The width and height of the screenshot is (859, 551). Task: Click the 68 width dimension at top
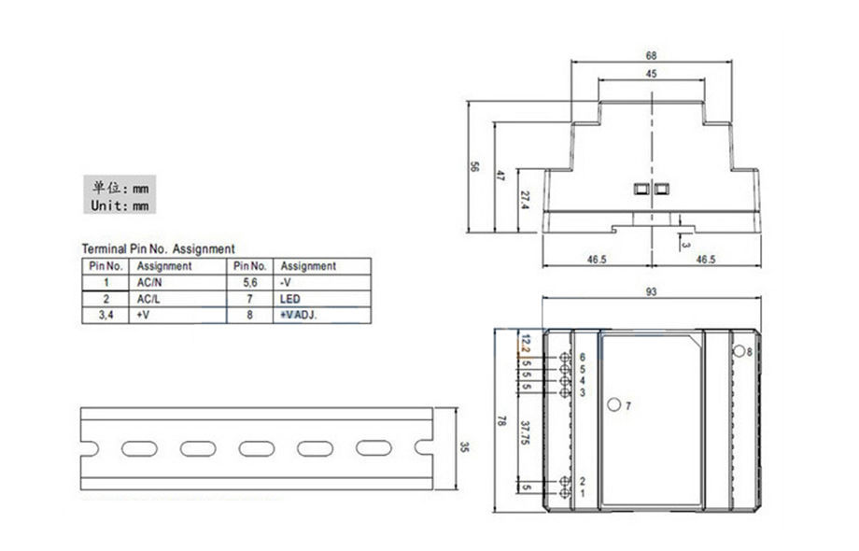(x=651, y=55)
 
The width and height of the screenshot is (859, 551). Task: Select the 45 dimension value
(x=651, y=74)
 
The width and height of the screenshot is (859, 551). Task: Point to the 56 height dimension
(x=474, y=166)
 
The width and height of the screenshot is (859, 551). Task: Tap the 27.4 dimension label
(x=525, y=200)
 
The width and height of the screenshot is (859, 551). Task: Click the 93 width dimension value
(x=651, y=292)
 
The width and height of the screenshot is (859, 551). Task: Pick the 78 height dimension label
(x=501, y=420)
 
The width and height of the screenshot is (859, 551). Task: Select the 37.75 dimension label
(x=525, y=432)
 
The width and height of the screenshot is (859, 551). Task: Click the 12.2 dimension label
(x=526, y=344)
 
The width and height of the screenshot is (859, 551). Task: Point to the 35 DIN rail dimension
(x=465, y=447)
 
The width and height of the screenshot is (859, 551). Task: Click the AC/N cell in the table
(x=149, y=283)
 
